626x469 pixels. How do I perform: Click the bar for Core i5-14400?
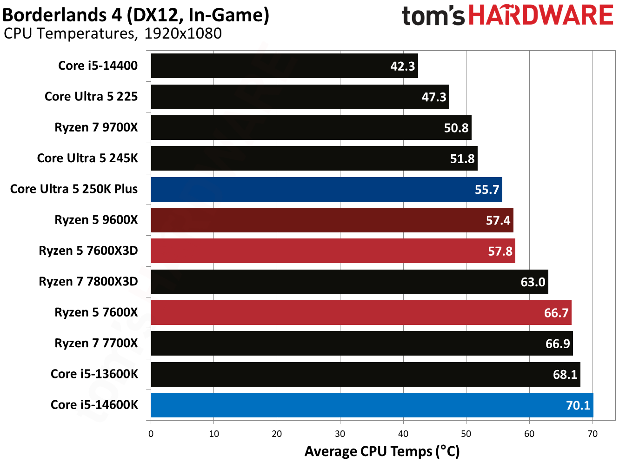coord(284,66)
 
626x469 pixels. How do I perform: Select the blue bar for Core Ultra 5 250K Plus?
coord(326,189)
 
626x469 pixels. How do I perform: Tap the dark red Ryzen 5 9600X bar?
coord(332,220)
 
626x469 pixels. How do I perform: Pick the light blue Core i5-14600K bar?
coord(372,405)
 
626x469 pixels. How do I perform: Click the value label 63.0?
coord(533,282)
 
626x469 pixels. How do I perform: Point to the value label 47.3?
coord(433,97)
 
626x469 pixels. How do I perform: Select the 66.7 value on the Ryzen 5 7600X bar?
coord(556,313)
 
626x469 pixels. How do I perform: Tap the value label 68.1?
coord(565,375)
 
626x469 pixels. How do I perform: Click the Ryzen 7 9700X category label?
coord(96,127)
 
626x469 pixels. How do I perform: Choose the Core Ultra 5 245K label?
coord(87,158)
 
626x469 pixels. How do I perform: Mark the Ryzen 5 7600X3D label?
coord(88,251)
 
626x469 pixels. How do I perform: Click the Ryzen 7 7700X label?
coord(96,343)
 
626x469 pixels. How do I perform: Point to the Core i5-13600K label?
coord(94,374)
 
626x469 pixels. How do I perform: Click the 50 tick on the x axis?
coord(466,434)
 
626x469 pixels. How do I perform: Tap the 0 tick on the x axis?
coord(151,434)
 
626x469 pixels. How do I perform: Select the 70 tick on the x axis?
coord(593,434)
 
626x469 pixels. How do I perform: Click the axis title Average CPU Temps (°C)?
coord(382,451)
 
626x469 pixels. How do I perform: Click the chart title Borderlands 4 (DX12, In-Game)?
coord(136,15)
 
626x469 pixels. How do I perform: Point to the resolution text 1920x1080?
coord(183,33)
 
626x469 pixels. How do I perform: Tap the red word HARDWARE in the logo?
coord(541,15)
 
